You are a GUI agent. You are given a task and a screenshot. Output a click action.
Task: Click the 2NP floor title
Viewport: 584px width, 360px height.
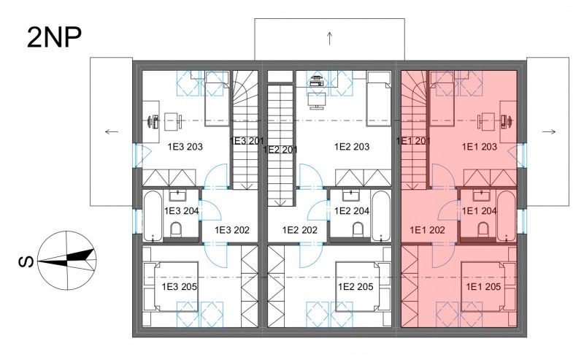pyautogui.click(x=54, y=38)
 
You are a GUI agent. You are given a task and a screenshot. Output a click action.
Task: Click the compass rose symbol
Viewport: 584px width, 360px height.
pyautogui.click(x=67, y=260)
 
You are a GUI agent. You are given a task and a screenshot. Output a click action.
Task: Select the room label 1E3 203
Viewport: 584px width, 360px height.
pyautogui.click(x=185, y=147)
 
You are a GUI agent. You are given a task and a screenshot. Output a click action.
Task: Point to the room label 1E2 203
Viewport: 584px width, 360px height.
pyautogui.click(x=352, y=147)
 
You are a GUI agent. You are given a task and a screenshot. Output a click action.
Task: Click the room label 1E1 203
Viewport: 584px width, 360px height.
pyautogui.click(x=480, y=147)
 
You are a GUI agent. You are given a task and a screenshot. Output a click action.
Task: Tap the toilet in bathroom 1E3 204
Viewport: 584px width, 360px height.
pyautogui.click(x=176, y=229)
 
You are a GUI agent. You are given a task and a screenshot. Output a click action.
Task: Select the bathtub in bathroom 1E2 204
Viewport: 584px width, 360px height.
pyautogui.click(x=380, y=215)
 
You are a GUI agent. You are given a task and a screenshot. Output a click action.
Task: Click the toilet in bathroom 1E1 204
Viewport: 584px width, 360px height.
pyautogui.click(x=483, y=229)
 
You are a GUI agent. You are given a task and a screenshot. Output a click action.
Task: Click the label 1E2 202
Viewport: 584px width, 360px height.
pyautogui.click(x=299, y=230)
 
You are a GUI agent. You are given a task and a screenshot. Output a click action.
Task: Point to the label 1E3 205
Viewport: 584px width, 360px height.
pyautogui.click(x=179, y=286)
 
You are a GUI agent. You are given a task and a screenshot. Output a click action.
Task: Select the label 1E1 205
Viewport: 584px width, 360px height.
pyautogui.click(x=483, y=286)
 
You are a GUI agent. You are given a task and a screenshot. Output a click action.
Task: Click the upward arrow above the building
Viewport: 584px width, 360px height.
pyautogui.click(x=329, y=39)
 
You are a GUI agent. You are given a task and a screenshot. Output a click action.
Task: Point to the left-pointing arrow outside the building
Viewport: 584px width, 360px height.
pyautogui.click(x=112, y=131)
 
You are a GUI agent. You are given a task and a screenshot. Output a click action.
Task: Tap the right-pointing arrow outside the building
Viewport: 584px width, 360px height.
pyautogui.click(x=549, y=131)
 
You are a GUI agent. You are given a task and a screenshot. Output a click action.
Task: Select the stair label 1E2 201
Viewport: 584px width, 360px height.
pyautogui.click(x=280, y=150)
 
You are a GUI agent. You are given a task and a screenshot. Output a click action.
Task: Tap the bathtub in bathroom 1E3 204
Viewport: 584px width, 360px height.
pyautogui.click(x=153, y=215)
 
